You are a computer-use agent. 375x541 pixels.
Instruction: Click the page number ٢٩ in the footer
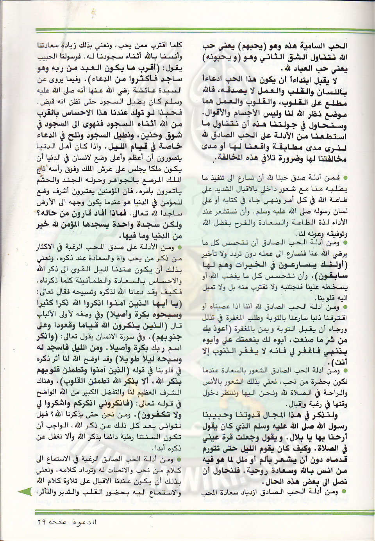[43, 521]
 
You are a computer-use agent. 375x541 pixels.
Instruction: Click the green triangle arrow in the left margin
[26, 492]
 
